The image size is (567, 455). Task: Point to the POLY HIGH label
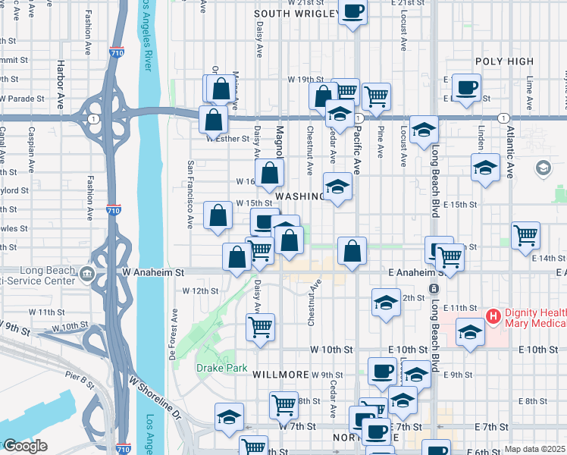pyautogui.click(x=504, y=61)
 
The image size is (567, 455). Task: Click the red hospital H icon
pyautogui.click(x=493, y=315)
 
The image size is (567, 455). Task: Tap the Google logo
pyautogui.click(x=24, y=446)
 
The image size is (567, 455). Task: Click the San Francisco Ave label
pyautogui.click(x=190, y=193)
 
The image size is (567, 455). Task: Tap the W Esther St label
pyautogui.click(x=227, y=139)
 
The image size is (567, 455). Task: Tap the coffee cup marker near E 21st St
pyautogui.click(x=354, y=12)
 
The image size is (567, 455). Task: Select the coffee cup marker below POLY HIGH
pyautogui.click(x=466, y=86)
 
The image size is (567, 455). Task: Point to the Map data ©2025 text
pyautogui.click(x=534, y=449)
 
